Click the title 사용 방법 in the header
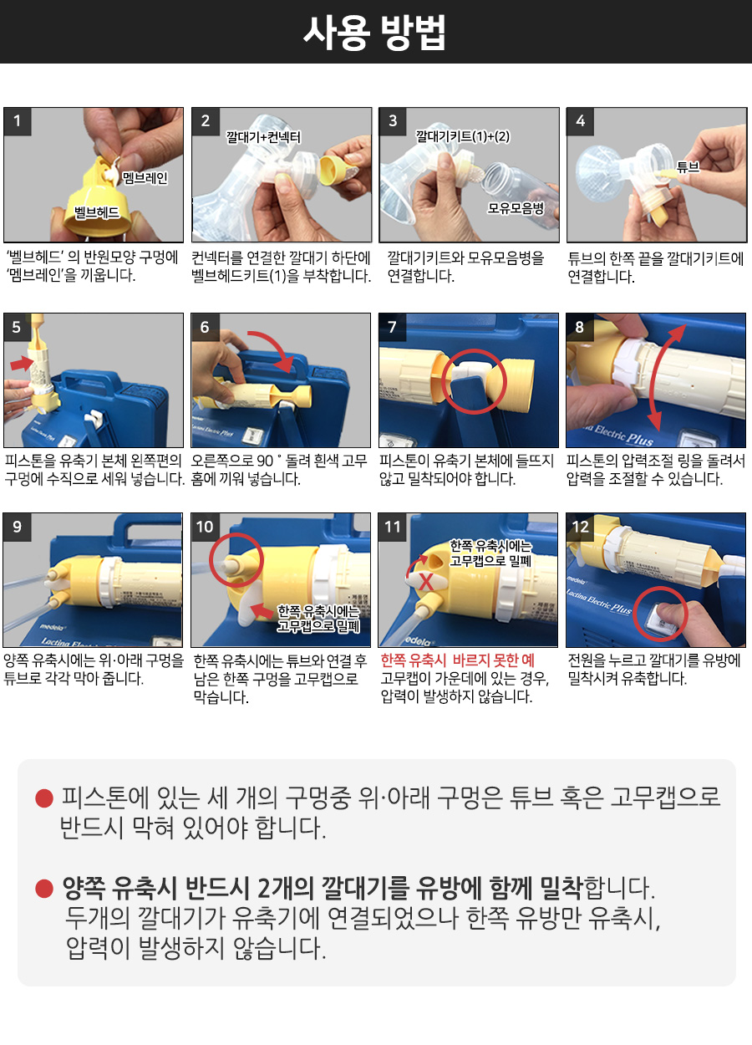tap(374, 33)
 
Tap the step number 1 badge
tap(18, 121)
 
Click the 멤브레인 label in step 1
tap(145, 178)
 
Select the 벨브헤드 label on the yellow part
tap(97, 212)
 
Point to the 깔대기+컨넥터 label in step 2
tap(263, 137)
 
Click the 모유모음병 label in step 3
tap(516, 208)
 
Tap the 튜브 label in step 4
tap(688, 166)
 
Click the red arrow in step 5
tap(20, 363)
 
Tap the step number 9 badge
tap(18, 527)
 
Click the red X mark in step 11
tap(426, 582)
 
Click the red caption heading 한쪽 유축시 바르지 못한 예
tap(457, 660)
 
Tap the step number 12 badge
tap(581, 528)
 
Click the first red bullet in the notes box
tap(44, 798)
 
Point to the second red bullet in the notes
tap(44, 888)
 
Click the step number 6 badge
tap(205, 327)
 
